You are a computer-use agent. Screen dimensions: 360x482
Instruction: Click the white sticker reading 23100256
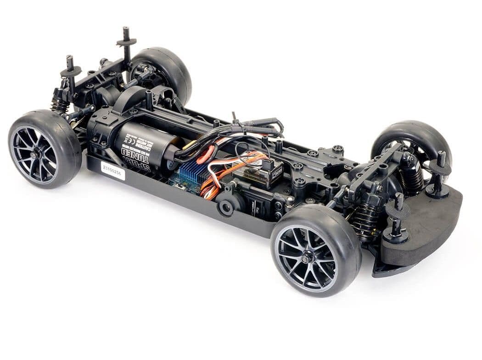113,170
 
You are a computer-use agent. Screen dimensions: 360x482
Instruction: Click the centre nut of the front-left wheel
35,155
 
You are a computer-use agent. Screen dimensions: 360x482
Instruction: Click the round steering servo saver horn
226,207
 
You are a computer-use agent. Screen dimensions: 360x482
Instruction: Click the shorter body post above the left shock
70,73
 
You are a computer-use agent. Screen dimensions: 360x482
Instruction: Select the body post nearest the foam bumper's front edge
398,220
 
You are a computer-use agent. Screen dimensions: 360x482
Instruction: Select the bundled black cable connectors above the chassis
257,126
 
